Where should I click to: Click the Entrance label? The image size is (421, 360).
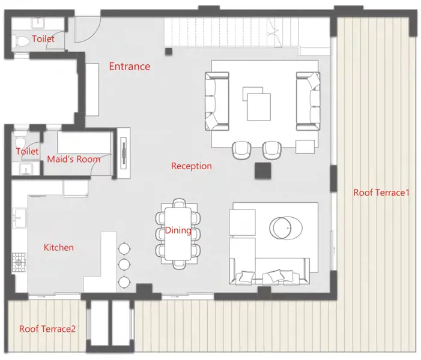(x=129, y=66)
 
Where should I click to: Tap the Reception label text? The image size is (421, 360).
(x=192, y=166)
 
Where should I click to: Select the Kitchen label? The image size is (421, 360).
(x=58, y=247)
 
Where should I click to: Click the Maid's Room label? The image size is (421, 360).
(x=74, y=159)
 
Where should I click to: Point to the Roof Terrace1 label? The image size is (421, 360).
(x=381, y=193)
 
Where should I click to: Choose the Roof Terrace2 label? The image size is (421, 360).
(x=47, y=329)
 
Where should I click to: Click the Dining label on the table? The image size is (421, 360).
(x=178, y=230)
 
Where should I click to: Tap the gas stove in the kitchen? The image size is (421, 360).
(x=19, y=263)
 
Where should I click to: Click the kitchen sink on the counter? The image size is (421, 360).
(x=19, y=218)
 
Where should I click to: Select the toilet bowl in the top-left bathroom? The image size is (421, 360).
(x=22, y=41)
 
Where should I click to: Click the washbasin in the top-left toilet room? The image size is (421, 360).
(x=38, y=23)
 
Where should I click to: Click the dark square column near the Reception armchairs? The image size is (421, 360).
(x=263, y=170)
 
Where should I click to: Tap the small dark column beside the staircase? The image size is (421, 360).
(x=168, y=51)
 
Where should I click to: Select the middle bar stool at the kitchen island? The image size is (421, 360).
(x=124, y=265)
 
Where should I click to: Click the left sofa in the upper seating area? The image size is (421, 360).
(x=217, y=101)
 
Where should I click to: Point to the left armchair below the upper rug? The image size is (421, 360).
(x=241, y=150)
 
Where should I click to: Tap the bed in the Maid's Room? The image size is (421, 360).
(x=84, y=142)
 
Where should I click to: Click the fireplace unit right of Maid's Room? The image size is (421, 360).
(x=124, y=153)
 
